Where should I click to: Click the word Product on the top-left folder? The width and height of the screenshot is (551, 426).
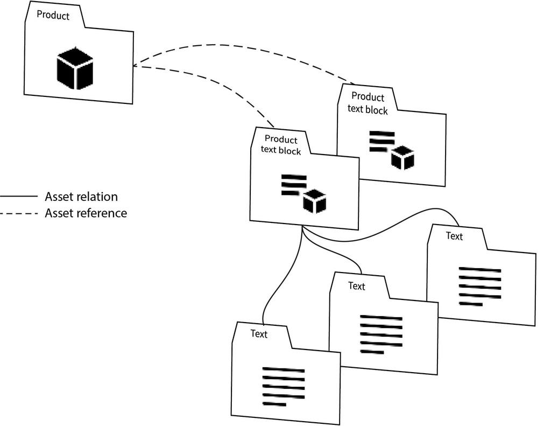coord(53,16)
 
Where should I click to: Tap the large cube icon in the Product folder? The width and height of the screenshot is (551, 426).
coord(75,67)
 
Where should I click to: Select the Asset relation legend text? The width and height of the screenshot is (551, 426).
coord(81,197)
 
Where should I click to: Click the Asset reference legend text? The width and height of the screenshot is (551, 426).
coord(86,213)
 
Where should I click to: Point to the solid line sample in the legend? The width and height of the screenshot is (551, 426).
coord(19,197)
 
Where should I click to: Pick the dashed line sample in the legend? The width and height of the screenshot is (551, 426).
coord(19,214)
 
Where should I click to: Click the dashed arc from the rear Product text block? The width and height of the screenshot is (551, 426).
coord(242,47)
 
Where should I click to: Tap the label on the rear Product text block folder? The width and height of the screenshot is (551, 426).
coord(368,103)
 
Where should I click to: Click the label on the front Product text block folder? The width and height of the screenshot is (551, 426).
coord(281,145)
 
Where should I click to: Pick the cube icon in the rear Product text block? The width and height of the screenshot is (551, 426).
coord(402,157)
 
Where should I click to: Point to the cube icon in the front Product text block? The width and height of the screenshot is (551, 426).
coord(315,201)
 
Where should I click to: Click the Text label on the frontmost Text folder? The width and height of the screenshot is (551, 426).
coord(259,334)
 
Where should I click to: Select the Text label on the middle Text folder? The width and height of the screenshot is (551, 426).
coord(356,286)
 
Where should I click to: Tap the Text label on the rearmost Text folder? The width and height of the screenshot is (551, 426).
coord(454,236)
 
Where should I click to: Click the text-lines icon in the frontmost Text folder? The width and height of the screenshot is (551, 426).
coord(283,386)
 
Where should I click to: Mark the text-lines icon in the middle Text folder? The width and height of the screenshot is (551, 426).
coord(380,334)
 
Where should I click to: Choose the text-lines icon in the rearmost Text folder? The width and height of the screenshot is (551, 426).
coord(479,286)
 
